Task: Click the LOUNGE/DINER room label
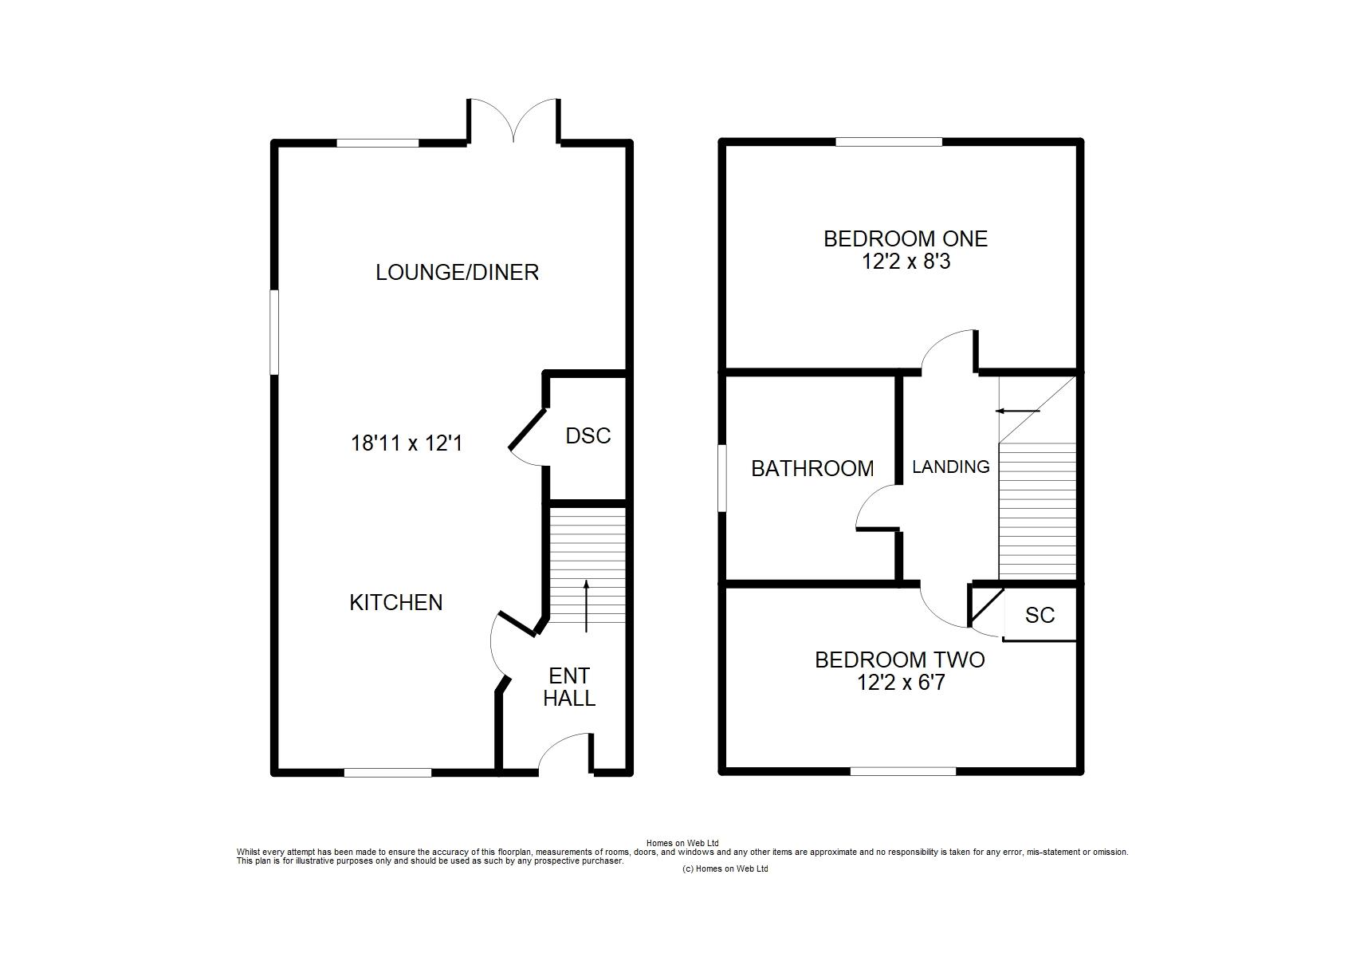(x=457, y=272)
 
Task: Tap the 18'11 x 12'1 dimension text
(x=407, y=443)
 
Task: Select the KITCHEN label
(x=396, y=602)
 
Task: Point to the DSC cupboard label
(x=588, y=435)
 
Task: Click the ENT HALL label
(x=569, y=687)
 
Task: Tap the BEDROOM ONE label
(x=906, y=239)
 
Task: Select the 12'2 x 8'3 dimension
(x=906, y=262)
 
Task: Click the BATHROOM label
(x=812, y=469)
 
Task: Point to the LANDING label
(x=950, y=467)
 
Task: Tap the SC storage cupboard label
(x=1040, y=615)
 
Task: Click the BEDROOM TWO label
(x=900, y=660)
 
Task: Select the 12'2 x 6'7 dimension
(x=901, y=683)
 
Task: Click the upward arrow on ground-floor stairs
(x=585, y=606)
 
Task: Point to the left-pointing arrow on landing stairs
(x=1018, y=412)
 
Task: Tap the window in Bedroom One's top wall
(x=889, y=142)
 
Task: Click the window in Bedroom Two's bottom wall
(x=903, y=771)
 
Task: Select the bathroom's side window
(x=722, y=478)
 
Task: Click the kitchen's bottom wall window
(x=387, y=772)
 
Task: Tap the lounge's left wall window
(x=274, y=332)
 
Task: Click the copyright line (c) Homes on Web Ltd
(x=725, y=868)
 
